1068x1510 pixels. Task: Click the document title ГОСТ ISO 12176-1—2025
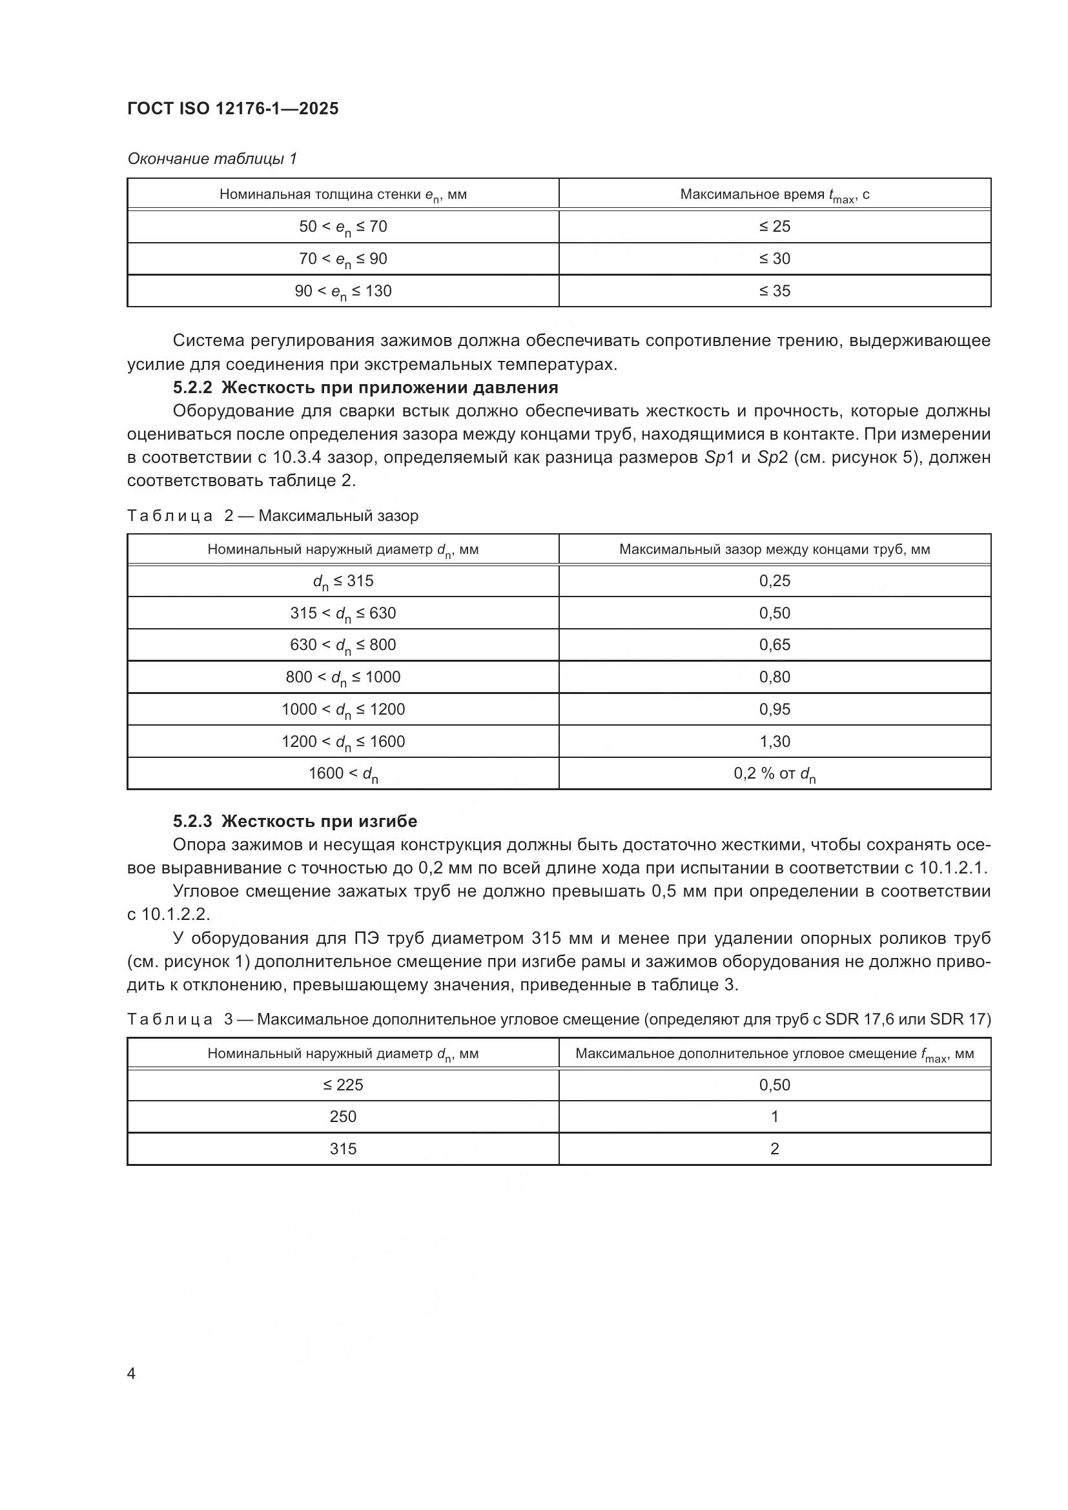[233, 109]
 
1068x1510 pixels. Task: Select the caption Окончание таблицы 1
[212, 159]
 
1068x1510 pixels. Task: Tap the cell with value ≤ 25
[774, 226]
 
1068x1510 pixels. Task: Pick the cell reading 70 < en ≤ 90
[343, 258]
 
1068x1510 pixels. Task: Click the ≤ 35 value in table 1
[774, 291]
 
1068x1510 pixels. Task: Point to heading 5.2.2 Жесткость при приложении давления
[365, 387]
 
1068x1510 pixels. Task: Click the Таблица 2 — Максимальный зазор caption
[272, 516]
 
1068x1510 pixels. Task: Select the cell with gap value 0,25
[774, 581]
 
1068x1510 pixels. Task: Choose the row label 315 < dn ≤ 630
[343, 613]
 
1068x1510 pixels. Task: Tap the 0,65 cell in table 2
[774, 644]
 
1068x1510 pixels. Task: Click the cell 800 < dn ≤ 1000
[343, 677]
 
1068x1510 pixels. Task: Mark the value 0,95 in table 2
[774, 709]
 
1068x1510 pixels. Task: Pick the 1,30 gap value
[774, 741]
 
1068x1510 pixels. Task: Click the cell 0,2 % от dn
[774, 773]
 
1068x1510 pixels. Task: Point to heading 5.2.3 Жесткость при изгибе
[294, 821]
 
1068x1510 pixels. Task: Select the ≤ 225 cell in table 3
[343, 1085]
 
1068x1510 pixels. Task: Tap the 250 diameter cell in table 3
[343, 1117]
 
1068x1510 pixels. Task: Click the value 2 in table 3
[774, 1149]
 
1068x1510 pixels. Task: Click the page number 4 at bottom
[131, 1374]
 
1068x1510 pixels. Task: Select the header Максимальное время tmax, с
[774, 195]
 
